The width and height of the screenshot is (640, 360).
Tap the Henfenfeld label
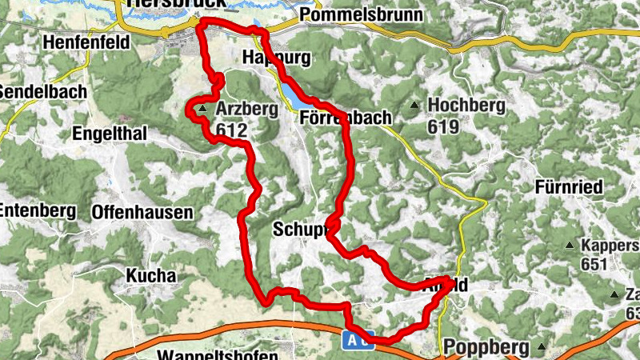tap(87, 42)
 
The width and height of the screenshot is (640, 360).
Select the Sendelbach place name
tap(42, 91)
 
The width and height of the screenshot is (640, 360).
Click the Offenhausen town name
tap(142, 212)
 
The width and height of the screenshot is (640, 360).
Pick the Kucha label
tap(150, 276)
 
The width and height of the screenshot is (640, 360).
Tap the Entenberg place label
tap(38, 210)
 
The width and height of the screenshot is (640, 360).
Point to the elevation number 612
tap(233, 130)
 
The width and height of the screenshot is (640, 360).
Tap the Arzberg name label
tap(247, 110)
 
